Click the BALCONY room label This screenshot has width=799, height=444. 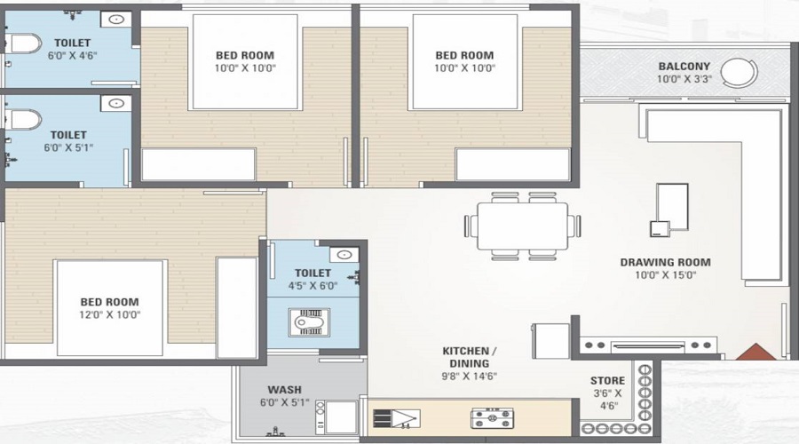click(684, 67)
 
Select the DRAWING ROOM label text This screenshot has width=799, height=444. click(666, 262)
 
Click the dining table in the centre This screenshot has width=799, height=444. click(522, 226)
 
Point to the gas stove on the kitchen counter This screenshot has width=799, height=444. click(492, 418)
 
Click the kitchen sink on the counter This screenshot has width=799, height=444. click(397, 418)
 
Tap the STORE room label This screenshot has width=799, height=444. click(607, 380)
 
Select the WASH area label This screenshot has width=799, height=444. click(284, 390)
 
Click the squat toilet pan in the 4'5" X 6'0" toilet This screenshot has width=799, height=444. click(309, 322)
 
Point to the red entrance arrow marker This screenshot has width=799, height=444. click(755, 353)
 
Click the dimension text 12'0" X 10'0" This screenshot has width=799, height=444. click(109, 314)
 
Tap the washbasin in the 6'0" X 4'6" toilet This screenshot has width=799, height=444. click(115, 20)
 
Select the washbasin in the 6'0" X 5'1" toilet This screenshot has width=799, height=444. click(115, 104)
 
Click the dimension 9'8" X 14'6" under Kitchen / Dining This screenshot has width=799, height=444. click(470, 377)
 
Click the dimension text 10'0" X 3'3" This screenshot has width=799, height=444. click(684, 79)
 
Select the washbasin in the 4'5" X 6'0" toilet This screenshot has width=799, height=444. click(344, 254)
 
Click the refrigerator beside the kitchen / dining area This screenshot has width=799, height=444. click(550, 341)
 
